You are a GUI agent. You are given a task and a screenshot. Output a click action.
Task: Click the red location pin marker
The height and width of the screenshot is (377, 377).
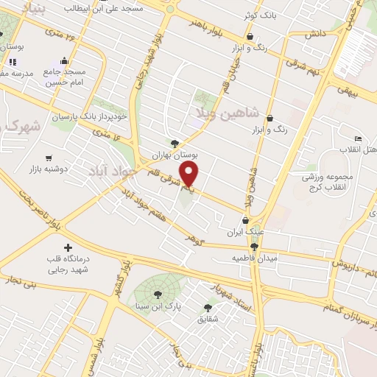pos(190,175)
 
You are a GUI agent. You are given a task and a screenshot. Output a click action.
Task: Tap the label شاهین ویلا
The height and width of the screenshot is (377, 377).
pos(228,113)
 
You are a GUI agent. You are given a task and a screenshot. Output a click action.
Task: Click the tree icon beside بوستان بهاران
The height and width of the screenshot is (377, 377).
pos(175,144)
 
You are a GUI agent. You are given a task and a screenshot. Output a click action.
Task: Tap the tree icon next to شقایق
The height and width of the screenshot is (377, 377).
pos(208,308)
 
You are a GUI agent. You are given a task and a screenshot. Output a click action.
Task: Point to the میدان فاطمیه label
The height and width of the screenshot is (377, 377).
pos(253,258)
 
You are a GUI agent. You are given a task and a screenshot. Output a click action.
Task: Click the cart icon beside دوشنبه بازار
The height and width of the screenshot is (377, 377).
pos(49,158)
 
